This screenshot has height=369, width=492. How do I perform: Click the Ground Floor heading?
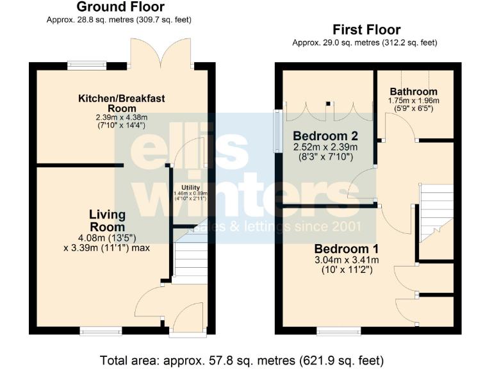pyautogui.click(x=120, y=7)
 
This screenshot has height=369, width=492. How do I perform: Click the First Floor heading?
pyautogui.click(x=366, y=29)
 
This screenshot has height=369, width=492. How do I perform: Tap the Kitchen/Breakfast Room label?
pyautogui.click(x=122, y=103)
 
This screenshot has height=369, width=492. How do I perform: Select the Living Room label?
pyautogui.click(x=107, y=220)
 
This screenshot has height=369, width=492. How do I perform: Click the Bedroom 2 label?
pyautogui.click(x=325, y=136)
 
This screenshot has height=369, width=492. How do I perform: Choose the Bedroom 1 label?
pyautogui.click(x=346, y=249)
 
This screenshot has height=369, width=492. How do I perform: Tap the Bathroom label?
pyautogui.click(x=413, y=92)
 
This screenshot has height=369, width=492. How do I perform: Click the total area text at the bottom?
pyautogui.click(x=242, y=360)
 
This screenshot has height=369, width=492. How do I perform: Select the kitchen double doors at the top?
pyautogui.click(x=161, y=52)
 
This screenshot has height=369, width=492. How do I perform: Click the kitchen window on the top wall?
pyautogui.click(x=87, y=64)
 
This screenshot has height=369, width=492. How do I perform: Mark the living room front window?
pyautogui.click(x=101, y=331)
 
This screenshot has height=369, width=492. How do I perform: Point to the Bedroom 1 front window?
pyautogui.click(x=338, y=331)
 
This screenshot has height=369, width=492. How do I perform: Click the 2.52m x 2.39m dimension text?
pyautogui.click(x=325, y=147)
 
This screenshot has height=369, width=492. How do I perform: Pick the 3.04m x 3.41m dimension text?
pyautogui.click(x=347, y=260)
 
